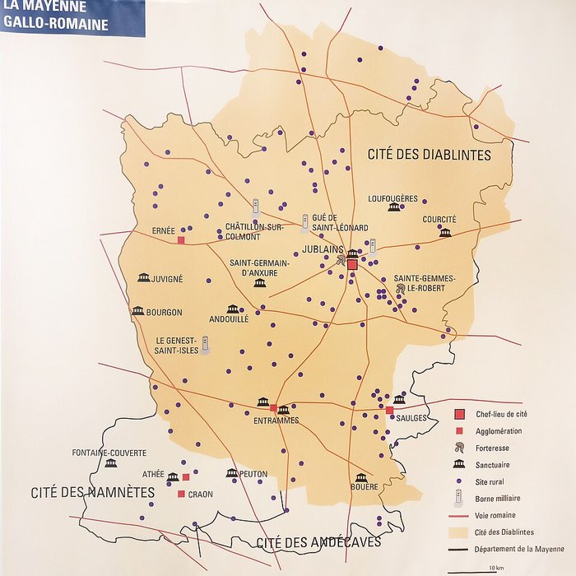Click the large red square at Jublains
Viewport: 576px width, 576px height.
(352, 265)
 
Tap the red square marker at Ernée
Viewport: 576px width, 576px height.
(180, 240)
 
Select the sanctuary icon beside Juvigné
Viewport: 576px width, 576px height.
(144, 278)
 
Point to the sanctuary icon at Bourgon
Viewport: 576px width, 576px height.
(137, 311)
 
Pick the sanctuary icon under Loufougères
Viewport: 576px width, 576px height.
(393, 207)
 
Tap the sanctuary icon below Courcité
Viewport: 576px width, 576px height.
(445, 233)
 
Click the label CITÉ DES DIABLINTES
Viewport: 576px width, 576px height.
(429, 155)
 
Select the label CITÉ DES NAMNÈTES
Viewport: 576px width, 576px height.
(92, 492)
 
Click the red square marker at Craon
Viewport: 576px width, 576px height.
(180, 494)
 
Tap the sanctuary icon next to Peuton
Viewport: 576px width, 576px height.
(232, 473)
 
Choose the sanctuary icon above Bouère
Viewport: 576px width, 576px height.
(360, 477)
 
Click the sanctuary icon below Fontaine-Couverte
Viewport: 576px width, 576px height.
(111, 464)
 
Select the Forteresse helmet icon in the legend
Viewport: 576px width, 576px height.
(460, 448)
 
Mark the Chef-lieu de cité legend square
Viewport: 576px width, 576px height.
(460, 413)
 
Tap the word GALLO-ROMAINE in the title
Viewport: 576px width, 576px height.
(55, 25)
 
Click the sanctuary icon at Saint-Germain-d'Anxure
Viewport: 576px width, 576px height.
(260, 283)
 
